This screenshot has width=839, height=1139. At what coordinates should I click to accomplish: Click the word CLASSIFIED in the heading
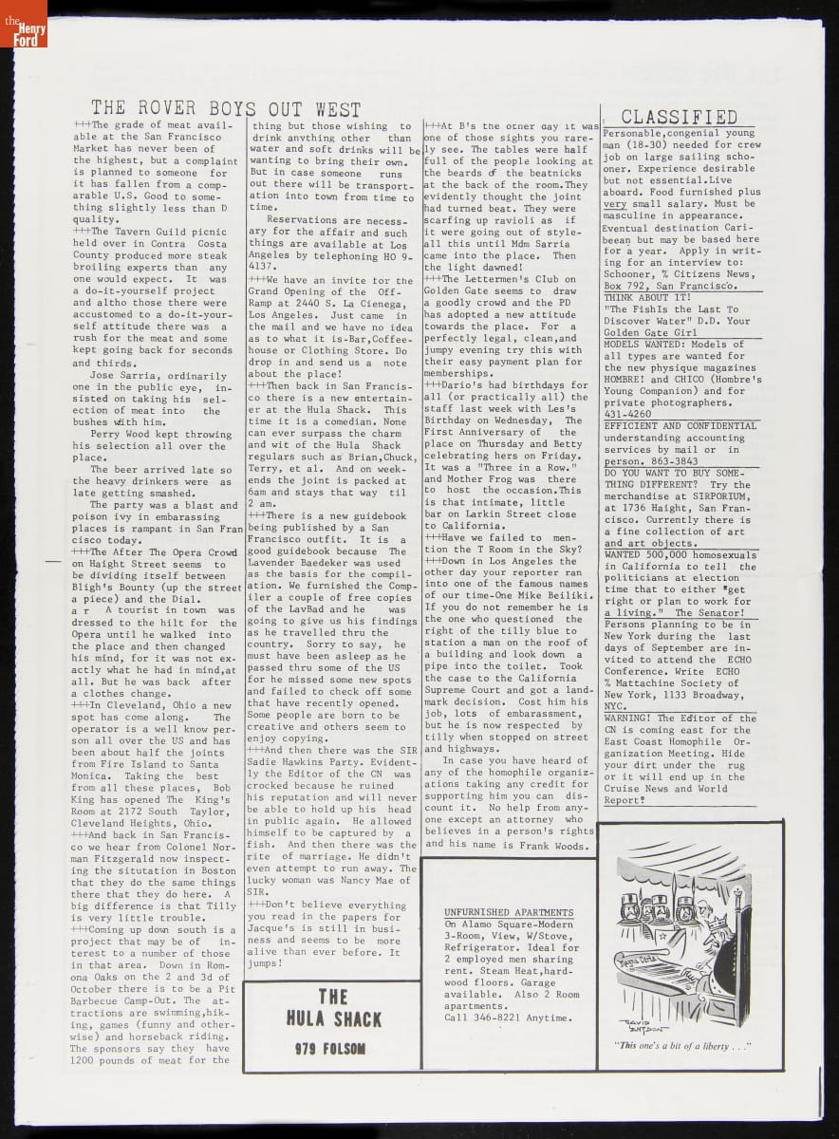tap(679, 118)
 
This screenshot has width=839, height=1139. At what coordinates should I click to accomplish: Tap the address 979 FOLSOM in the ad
tap(331, 1048)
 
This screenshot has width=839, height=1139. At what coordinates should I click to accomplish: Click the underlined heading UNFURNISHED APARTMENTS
tap(509, 912)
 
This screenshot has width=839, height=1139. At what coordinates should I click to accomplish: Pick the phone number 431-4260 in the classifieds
tap(627, 414)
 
